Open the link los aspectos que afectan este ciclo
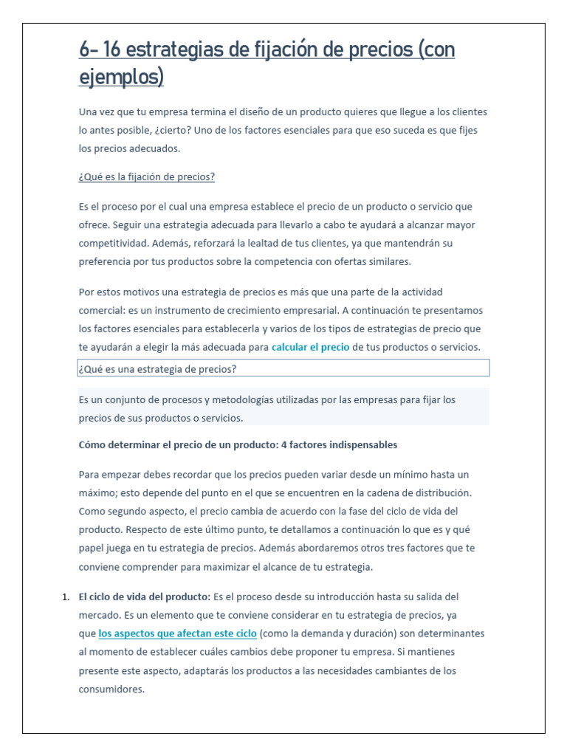(x=177, y=633)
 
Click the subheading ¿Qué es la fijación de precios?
(x=146, y=177)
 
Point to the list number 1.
(x=65, y=596)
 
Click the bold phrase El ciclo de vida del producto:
(x=145, y=596)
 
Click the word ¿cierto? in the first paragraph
(x=188, y=131)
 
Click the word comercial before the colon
(x=102, y=310)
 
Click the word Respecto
(x=148, y=529)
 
